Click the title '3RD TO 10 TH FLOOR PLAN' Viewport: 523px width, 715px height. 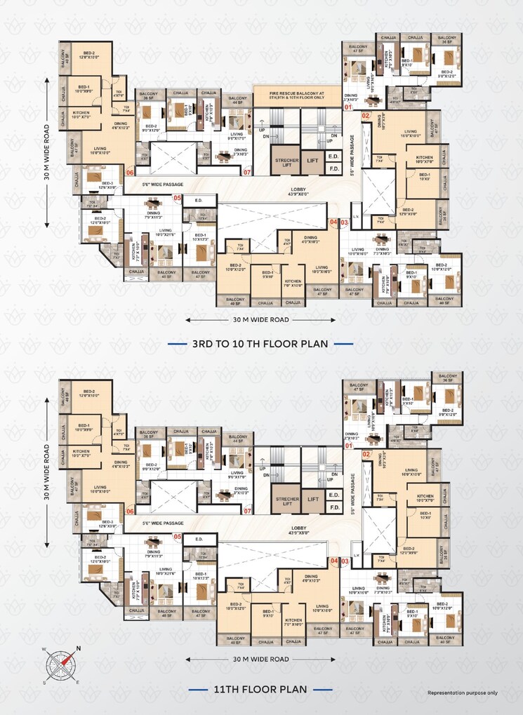pos(261,344)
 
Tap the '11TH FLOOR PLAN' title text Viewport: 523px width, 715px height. pos(261,690)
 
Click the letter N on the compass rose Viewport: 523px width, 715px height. pos(79,648)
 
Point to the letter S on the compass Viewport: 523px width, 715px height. pos(44,681)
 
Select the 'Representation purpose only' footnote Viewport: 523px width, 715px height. pos(463,693)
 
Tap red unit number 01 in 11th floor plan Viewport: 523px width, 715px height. pos(348,446)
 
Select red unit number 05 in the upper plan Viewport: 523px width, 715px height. pos(178,199)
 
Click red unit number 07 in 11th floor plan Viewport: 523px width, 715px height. pos(246,512)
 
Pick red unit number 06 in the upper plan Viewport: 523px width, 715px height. pos(129,172)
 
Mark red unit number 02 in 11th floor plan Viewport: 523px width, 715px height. pos(366,455)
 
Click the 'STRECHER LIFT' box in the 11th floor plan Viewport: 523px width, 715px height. pos(286,500)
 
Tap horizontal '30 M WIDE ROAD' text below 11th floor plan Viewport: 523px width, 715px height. pos(260,659)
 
